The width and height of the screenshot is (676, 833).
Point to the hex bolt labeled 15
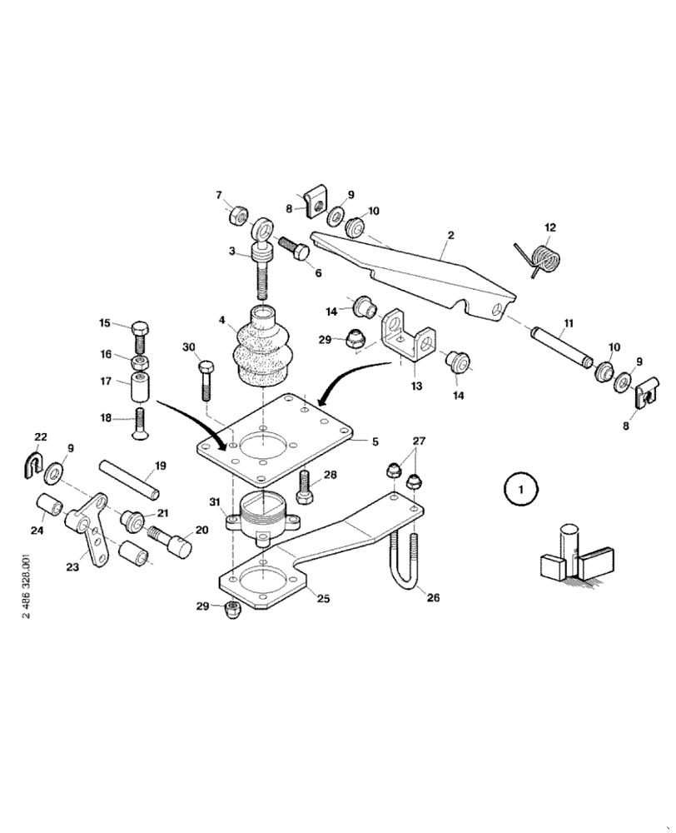[139, 335]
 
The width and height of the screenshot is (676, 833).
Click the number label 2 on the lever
[450, 236]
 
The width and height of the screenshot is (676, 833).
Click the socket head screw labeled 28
[306, 486]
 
